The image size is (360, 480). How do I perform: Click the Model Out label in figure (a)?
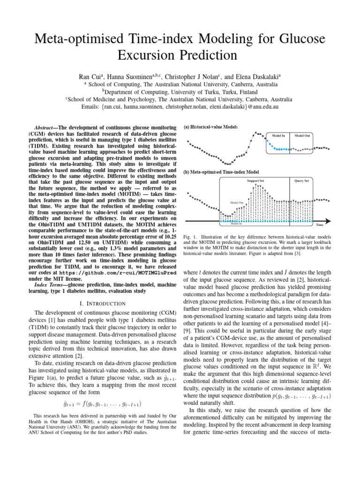pos(302,135)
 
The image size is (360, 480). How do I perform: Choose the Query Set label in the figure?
pos(301,180)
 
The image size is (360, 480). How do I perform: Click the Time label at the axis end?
pos(320,225)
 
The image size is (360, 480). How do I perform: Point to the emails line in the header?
pos(180,107)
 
